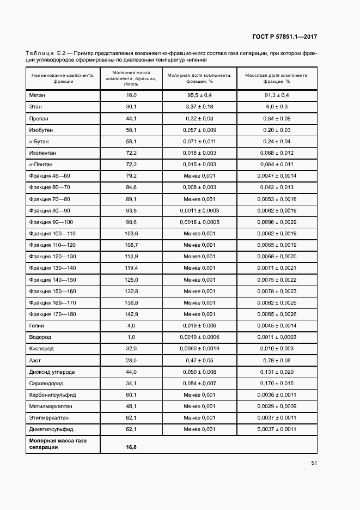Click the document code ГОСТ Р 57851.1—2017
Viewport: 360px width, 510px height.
(285, 37)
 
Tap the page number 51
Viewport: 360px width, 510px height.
(314, 463)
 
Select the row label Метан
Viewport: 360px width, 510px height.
(38, 95)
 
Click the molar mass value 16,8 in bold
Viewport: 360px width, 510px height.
(131, 447)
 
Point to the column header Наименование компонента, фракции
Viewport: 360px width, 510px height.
(63, 78)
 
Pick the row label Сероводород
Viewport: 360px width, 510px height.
(45, 384)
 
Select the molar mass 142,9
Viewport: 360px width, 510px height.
(131, 314)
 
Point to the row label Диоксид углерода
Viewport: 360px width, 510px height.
(52, 372)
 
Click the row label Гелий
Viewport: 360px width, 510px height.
(36, 326)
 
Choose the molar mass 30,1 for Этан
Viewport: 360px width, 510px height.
(131, 106)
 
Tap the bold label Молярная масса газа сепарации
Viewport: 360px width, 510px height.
(57, 444)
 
